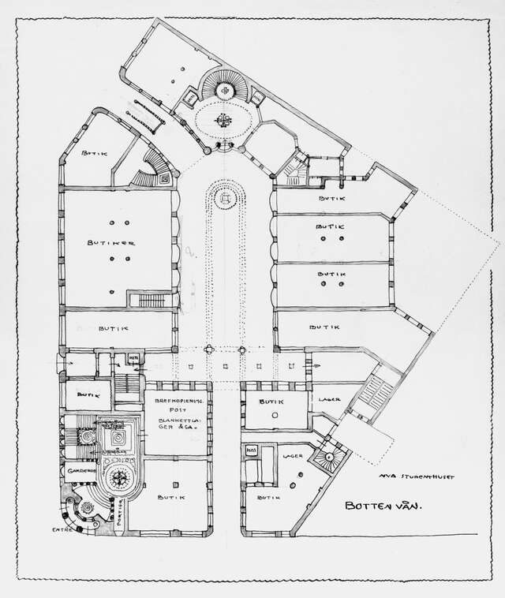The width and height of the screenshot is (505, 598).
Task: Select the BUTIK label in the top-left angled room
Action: click(x=95, y=155)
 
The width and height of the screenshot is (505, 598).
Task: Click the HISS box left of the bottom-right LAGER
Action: click(x=252, y=450)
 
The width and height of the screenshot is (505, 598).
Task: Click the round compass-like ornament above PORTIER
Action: click(x=121, y=477)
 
